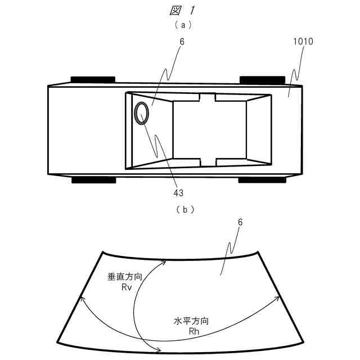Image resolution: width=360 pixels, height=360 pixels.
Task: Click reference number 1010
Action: click(x=303, y=42)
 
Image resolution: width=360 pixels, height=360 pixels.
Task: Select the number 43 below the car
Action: click(x=178, y=193)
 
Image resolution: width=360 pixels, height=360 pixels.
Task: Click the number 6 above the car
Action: click(x=182, y=42)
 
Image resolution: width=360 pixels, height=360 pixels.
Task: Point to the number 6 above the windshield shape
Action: click(x=240, y=223)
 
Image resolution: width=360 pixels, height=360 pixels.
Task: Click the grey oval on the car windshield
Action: click(x=142, y=112)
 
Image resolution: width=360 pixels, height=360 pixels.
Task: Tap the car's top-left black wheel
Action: click(x=93, y=80)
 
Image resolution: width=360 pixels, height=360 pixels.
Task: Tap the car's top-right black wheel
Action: click(x=262, y=80)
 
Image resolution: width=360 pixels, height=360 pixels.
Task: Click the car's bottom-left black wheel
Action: click(x=93, y=180)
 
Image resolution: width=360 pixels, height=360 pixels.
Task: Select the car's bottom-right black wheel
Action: click(x=262, y=180)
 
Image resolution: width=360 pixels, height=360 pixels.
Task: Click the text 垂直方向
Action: click(x=120, y=277)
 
